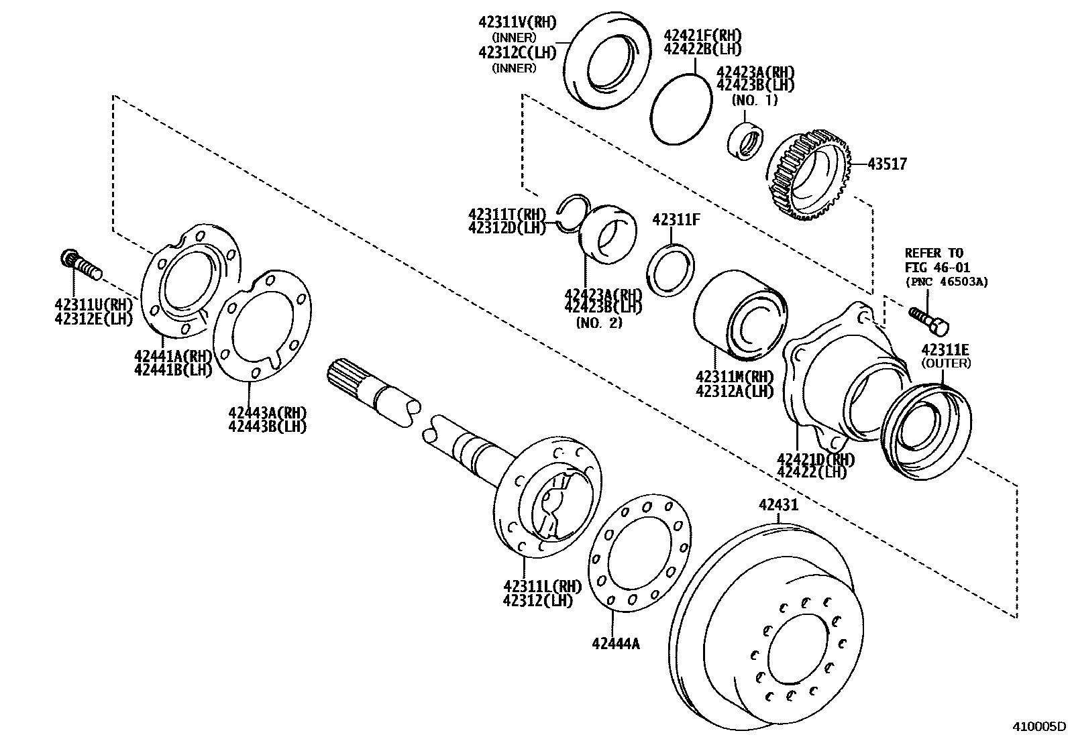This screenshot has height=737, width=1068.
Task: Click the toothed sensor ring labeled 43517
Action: (x=809, y=174)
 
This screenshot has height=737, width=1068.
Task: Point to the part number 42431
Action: (x=779, y=505)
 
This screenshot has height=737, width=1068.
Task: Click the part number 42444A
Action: (x=615, y=644)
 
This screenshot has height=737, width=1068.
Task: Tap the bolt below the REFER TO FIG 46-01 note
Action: (x=929, y=320)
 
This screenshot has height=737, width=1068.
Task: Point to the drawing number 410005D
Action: (x=1039, y=726)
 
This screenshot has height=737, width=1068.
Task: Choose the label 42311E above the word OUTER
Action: (x=945, y=349)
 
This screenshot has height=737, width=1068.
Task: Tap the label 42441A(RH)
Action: (x=173, y=355)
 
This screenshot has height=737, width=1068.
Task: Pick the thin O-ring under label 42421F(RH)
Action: (x=682, y=108)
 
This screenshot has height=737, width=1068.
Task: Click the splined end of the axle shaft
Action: (x=350, y=376)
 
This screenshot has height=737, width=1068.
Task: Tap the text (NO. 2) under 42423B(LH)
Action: (x=599, y=323)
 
